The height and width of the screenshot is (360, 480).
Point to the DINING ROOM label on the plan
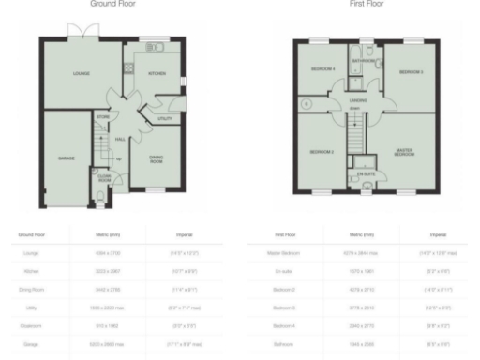tap(157, 160)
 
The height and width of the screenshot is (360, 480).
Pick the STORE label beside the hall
tap(103, 117)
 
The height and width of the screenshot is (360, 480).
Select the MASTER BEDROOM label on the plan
tap(405, 152)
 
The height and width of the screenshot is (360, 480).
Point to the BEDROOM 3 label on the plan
tap(410, 71)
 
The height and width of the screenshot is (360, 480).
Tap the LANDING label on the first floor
tap(356, 101)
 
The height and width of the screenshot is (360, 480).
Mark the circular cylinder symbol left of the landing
tap(306, 103)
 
